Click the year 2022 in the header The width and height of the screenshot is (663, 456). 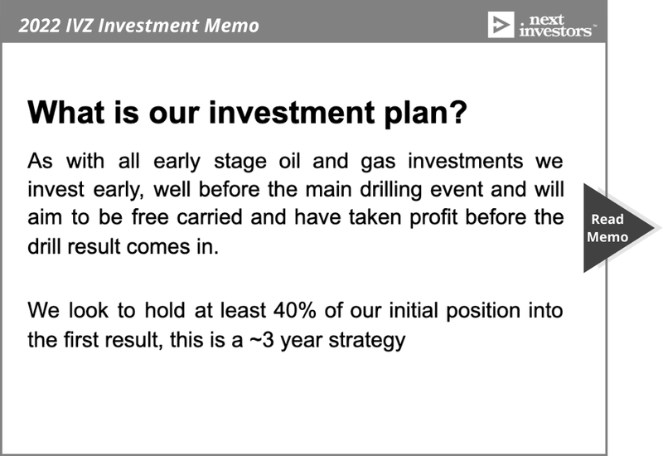39,26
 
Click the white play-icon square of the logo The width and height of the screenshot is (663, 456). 501,25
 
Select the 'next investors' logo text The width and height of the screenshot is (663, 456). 555,26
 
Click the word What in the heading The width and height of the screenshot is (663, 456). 66,112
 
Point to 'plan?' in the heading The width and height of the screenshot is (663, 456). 426,114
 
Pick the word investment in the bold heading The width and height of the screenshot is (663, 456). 292,112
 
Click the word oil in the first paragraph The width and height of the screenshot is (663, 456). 289,161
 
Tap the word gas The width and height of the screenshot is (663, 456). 378,163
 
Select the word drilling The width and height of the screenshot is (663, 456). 390,190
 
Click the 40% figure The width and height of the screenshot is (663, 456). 294,310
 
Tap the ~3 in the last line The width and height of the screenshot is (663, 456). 262,340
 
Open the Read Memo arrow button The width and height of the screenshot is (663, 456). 612,228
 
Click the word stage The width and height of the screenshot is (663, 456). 240,163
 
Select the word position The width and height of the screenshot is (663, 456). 483,311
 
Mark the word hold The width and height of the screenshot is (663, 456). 165,310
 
